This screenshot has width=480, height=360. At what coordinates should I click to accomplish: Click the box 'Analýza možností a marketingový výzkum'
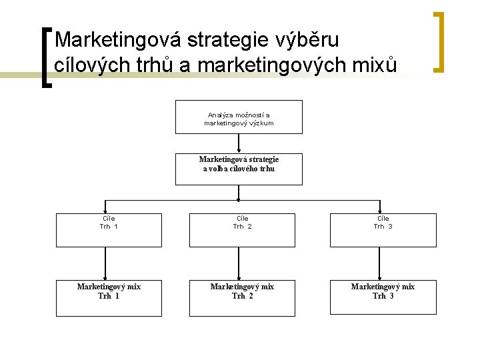click(239, 117)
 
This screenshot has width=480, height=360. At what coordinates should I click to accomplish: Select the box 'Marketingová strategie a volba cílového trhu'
click(239, 169)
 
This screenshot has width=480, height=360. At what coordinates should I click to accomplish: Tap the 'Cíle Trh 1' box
click(109, 230)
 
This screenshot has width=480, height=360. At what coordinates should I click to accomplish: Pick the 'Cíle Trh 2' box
click(242, 230)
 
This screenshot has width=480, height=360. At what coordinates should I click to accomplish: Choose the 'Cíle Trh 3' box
click(383, 230)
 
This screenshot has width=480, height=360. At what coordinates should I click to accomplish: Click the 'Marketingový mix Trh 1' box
click(109, 299)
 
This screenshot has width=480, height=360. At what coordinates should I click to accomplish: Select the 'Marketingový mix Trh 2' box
click(242, 299)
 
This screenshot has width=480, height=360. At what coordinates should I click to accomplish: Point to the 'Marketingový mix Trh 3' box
click(383, 299)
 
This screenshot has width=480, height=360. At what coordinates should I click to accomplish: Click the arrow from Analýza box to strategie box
click(239, 143)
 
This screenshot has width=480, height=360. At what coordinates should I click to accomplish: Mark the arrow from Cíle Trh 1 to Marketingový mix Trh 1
click(105, 264)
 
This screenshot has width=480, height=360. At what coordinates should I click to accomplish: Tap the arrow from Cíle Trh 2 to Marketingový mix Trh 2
click(239, 264)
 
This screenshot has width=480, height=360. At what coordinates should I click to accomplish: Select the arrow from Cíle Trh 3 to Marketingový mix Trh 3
click(379, 264)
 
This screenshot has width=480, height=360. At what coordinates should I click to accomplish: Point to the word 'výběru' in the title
click(308, 40)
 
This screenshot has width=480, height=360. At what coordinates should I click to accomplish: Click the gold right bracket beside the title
click(439, 41)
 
